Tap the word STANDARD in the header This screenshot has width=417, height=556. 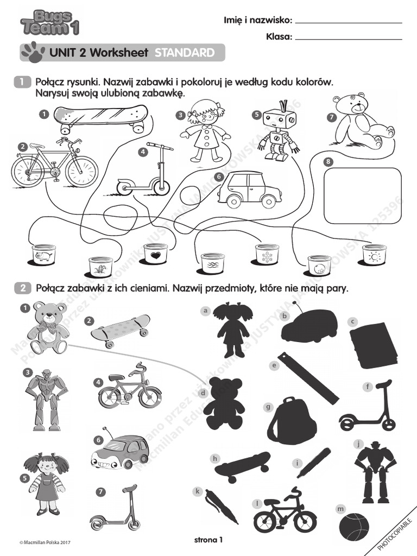point(184,53)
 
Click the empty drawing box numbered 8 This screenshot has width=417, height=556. point(362,195)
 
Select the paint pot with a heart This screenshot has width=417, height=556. point(156,254)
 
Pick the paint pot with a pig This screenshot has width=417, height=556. point(43,254)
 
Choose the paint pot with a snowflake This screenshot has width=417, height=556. point(267,254)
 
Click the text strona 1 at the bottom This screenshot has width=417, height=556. point(208,539)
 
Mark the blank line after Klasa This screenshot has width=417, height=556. point(349,39)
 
